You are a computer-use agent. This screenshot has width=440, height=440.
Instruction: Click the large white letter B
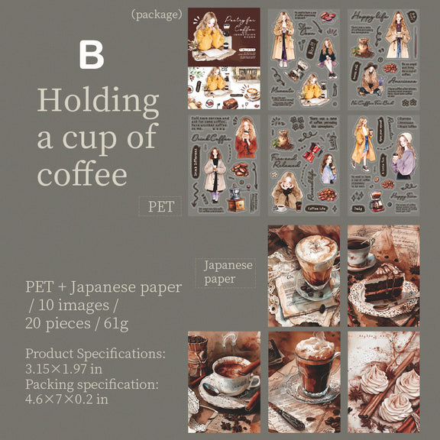(91, 54)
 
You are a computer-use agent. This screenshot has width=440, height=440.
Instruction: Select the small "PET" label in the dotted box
(160, 205)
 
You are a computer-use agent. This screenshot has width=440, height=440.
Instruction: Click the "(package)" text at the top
(157, 14)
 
